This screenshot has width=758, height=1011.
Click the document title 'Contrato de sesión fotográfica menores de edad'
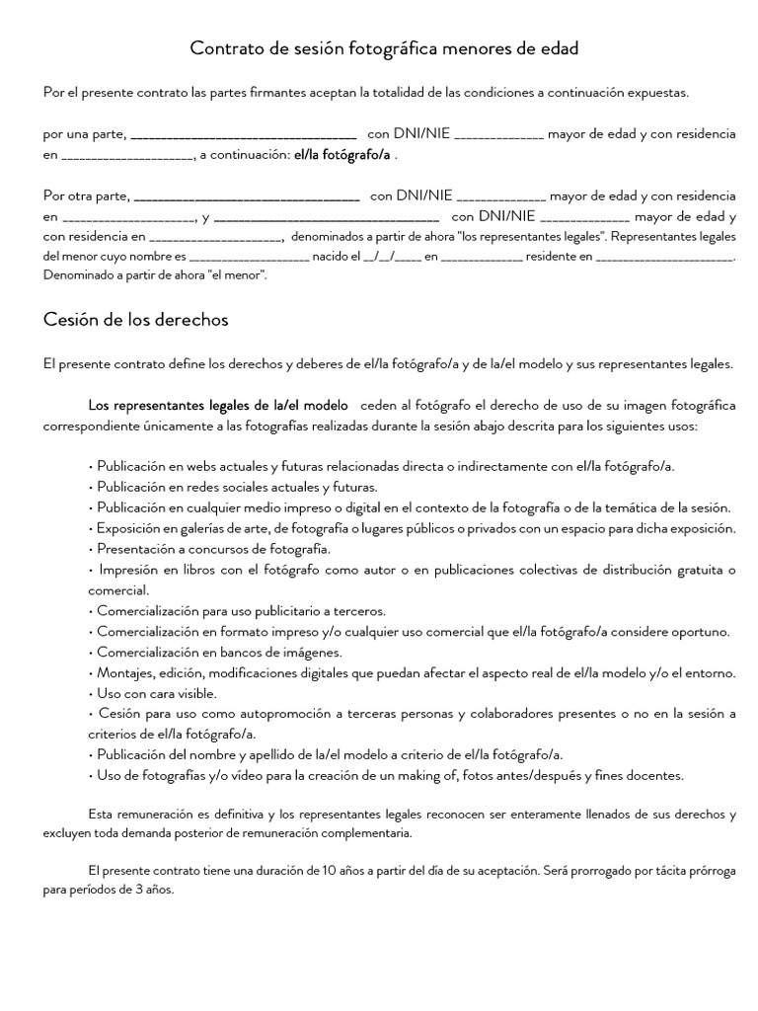tap(384, 47)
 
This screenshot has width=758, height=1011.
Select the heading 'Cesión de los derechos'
tap(136, 319)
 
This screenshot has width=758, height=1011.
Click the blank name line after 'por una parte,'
tap(243, 134)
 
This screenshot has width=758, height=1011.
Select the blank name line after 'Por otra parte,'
tap(246, 196)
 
